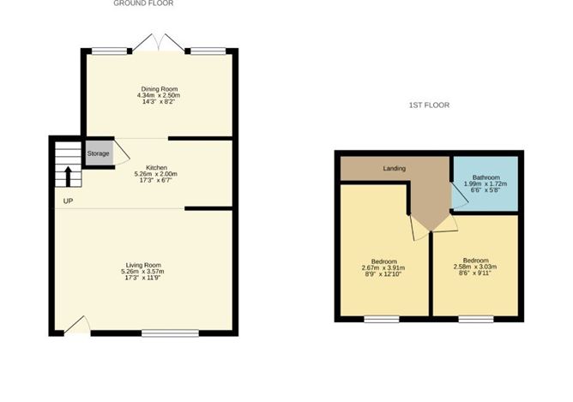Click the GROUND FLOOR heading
143,3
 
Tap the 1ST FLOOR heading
429,105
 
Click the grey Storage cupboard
98,153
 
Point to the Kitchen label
156,167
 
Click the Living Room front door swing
76,324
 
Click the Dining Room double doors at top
160,43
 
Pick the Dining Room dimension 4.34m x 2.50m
159,95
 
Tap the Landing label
395,168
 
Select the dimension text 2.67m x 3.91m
384,268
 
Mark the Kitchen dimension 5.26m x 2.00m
156,174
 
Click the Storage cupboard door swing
122,153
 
